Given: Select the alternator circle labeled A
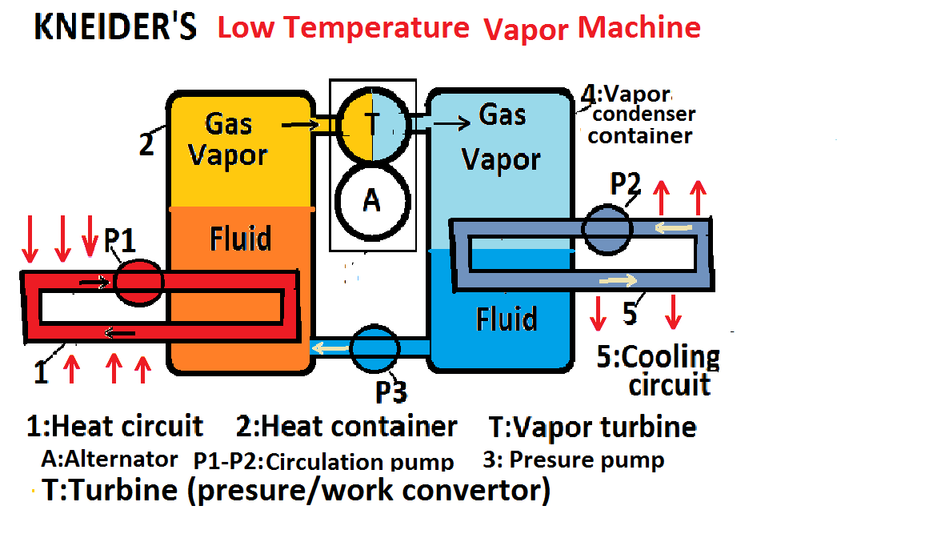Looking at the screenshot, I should point(372,200).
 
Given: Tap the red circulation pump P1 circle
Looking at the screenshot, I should point(139,282).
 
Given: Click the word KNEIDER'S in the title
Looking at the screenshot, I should point(114,28).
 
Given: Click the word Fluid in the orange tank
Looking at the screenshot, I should point(240,239).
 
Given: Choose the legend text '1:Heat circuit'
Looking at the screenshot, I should point(114,426).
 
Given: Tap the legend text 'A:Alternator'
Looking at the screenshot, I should point(109,460).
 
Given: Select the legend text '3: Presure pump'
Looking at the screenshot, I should point(574,460).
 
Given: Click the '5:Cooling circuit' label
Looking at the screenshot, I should point(659,371).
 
